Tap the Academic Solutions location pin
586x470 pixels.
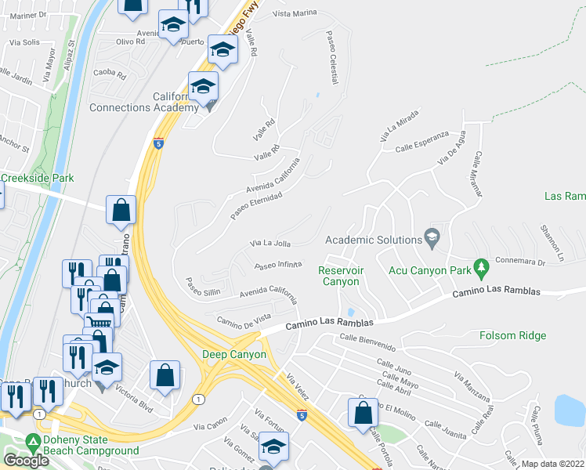[431, 236]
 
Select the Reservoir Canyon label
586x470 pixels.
[339, 276]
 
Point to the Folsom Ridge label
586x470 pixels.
[510, 335]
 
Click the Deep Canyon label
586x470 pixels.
[235, 354]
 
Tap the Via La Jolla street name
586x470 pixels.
[270, 244]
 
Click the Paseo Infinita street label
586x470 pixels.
[279, 265]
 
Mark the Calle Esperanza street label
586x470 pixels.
[421, 146]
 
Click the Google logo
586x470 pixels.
[27, 461]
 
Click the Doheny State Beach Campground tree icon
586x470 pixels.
[33, 440]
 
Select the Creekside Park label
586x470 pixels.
[38, 178]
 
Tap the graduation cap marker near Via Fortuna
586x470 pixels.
[273, 447]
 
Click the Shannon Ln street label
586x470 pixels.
[552, 243]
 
